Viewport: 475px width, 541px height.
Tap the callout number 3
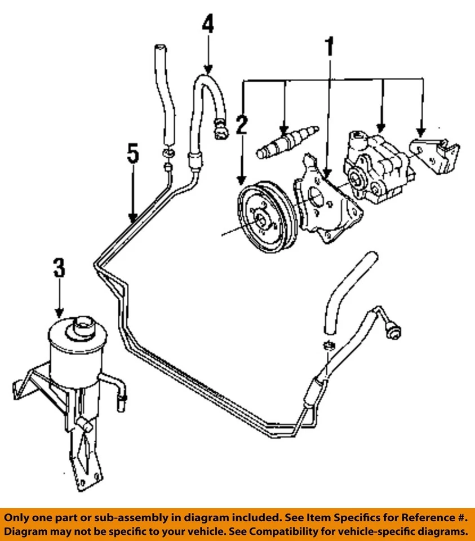point(59,268)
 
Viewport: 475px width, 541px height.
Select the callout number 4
point(208,25)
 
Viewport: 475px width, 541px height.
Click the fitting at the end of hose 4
point(220,131)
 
